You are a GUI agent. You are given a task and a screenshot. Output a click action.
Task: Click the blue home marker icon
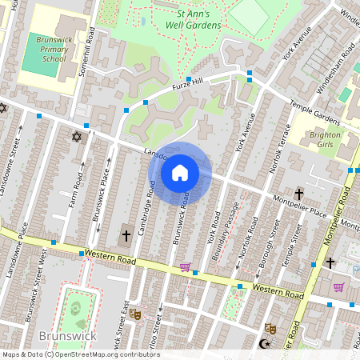(x=180, y=172)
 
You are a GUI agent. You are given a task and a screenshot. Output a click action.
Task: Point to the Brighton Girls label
(x=325, y=141)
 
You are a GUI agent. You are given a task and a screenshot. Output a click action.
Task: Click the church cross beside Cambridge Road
(x=125, y=236)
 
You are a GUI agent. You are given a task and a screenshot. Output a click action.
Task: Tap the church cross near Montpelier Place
(x=299, y=194)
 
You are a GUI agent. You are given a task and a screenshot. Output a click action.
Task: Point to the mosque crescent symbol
(x=265, y=344)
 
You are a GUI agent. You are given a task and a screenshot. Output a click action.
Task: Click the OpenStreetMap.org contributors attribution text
(x=112, y=354)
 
